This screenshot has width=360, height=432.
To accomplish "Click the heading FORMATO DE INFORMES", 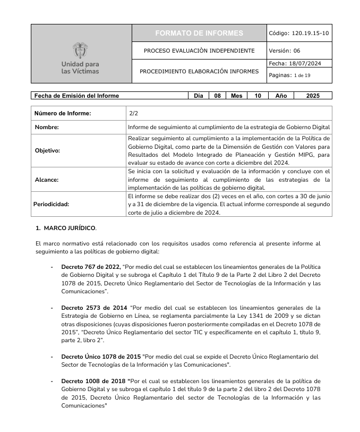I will [x=199, y=33].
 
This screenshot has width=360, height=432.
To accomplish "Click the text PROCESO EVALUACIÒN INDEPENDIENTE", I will [x=199, y=51].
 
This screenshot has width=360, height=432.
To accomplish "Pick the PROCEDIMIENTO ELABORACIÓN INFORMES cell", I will [x=199, y=71].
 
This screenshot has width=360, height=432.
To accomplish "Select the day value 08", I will [x=217, y=96].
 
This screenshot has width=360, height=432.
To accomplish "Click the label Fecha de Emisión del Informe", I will [x=76, y=96].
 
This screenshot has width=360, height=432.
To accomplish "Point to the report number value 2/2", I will [x=133, y=113].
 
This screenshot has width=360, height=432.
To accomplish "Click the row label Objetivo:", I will [x=47, y=150].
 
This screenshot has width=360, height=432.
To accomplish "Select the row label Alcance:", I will [x=46, y=180].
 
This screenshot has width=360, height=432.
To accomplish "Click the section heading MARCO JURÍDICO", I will [x=70, y=228].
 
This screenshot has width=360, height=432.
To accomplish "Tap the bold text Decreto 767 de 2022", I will [x=91, y=266].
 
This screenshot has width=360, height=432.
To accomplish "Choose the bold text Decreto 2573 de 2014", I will [x=94, y=307].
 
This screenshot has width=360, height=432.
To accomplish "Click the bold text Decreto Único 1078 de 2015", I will [x=101, y=356].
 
